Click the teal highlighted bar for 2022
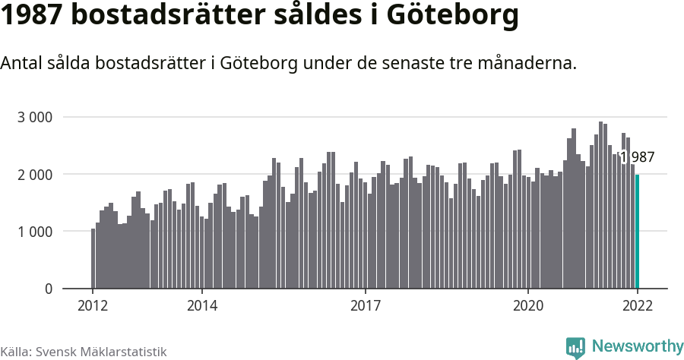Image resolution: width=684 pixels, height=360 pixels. click(x=638, y=232)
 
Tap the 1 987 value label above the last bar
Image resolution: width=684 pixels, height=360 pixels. click(x=637, y=157)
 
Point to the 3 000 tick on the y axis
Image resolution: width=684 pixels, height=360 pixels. click(x=35, y=117)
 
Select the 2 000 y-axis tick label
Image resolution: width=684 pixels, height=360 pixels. click(x=35, y=175)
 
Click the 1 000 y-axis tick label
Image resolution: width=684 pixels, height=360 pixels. click(x=35, y=232)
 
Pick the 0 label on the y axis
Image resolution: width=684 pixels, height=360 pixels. click(x=48, y=289)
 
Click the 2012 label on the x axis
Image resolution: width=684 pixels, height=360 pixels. click(x=93, y=305)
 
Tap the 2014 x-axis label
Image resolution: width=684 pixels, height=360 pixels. click(x=202, y=305)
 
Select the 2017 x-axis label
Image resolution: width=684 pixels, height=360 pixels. click(x=366, y=305)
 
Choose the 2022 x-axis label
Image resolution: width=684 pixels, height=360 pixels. click(x=638, y=305)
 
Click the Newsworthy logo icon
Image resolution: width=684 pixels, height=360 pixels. click(x=575, y=347)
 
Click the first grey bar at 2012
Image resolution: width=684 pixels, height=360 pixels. click(x=93, y=258)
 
